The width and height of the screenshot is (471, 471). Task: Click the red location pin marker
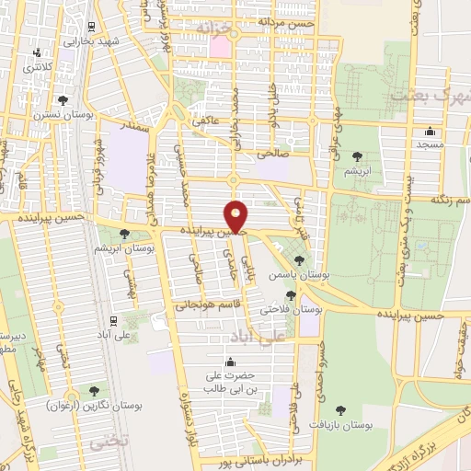tap(237, 217)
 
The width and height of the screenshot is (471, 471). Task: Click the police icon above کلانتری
tap(38, 53)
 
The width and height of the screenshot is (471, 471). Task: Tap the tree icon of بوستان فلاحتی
tap(291, 295)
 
